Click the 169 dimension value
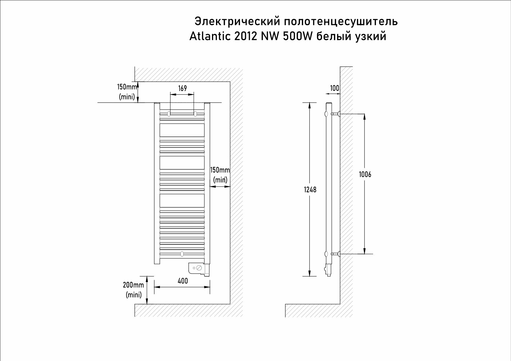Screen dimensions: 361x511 183,88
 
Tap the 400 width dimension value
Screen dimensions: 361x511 183,281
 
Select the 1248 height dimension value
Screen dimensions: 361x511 310,190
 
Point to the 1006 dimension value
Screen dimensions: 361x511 365,174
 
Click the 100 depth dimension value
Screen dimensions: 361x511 335,88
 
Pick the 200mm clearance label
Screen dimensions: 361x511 133,285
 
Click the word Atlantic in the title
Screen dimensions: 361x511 210,36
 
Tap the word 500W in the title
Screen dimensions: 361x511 298,36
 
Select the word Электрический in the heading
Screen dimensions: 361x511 237,22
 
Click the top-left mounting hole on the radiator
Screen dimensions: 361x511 169,113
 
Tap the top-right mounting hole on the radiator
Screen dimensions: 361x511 195,113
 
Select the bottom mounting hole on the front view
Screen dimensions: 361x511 182,254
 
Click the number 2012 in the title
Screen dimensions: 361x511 245,36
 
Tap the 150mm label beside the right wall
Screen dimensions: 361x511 220,170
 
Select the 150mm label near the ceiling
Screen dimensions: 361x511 127,87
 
